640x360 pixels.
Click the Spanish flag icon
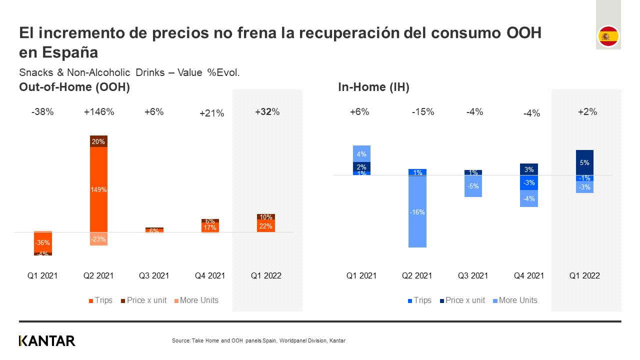608,36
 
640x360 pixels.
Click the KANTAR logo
47,341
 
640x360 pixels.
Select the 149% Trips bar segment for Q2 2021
98,189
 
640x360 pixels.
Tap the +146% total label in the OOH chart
98,112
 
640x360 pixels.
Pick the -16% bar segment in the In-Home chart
417,212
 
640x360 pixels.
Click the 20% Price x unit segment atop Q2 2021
98,141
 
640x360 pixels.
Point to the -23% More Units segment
98,239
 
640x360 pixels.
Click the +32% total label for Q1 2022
267,112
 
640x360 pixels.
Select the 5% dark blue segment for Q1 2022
584,162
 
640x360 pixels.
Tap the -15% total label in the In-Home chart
423,112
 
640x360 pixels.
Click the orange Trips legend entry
100,300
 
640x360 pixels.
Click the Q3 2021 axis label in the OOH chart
154,275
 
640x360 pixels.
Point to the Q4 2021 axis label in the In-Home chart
529,275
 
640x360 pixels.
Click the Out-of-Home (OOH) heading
74,87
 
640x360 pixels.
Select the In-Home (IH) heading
373,87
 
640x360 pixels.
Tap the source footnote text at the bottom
258,341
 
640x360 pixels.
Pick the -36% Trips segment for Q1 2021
42,242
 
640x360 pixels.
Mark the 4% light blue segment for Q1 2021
361,154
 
